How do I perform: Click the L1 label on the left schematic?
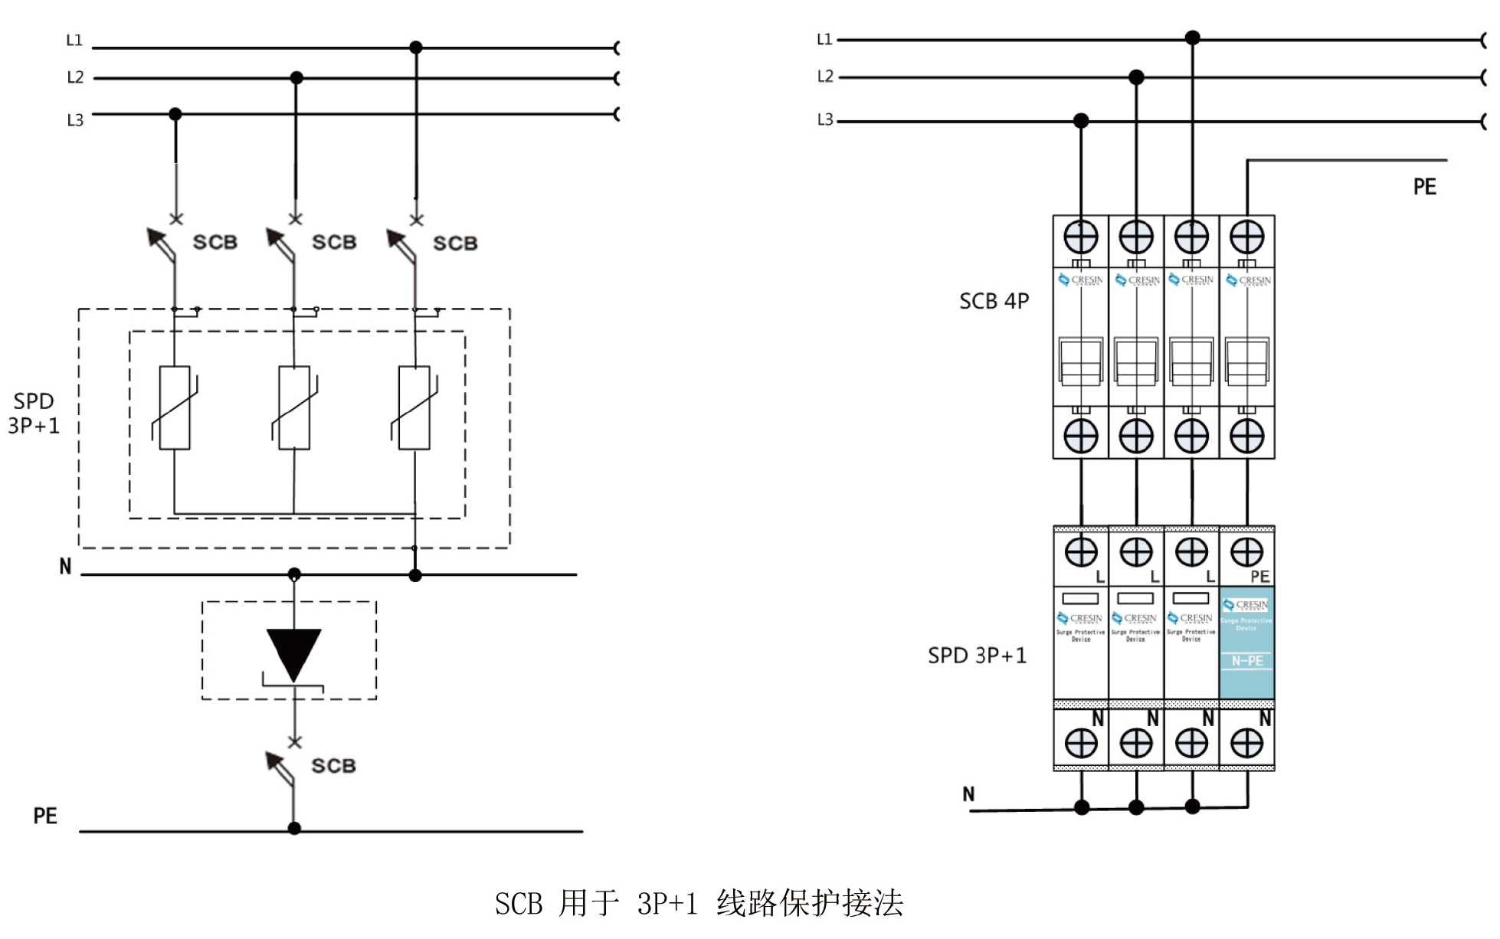tap(74, 40)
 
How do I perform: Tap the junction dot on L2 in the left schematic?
tap(296, 78)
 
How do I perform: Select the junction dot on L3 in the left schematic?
tap(175, 114)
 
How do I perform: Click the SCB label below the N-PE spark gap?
tap(333, 765)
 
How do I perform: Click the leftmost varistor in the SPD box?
tap(175, 407)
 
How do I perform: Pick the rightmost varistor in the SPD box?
tap(414, 407)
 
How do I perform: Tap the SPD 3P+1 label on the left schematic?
tap(34, 414)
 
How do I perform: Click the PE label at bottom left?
tap(45, 816)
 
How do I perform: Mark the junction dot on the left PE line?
tap(294, 828)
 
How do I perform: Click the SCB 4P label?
tap(994, 301)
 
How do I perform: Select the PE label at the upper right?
tap(1424, 187)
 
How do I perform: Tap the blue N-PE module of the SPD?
tap(1246, 642)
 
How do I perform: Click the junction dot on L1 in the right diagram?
tap(1192, 38)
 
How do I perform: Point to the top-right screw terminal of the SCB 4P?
tap(1246, 237)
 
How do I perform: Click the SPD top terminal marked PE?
tap(1246, 552)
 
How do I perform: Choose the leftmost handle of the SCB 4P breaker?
tap(1081, 361)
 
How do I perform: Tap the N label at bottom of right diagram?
tap(968, 794)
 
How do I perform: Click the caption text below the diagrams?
tap(699, 904)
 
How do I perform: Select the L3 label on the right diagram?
tap(824, 120)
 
